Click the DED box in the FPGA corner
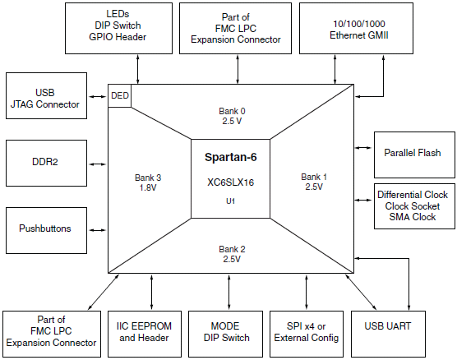(x=119, y=95)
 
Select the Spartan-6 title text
(x=230, y=157)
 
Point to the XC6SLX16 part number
(x=230, y=182)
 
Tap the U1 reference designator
(x=230, y=201)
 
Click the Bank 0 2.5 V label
(x=232, y=116)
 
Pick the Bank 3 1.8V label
(x=148, y=182)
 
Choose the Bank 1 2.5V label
(x=314, y=182)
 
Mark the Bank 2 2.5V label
(x=232, y=254)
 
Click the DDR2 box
(x=46, y=163)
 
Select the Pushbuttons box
(x=46, y=230)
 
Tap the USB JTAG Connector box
(x=46, y=95)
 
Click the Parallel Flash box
(x=414, y=155)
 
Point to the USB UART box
(x=388, y=334)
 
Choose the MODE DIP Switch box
(x=225, y=334)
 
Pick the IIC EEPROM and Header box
(x=145, y=334)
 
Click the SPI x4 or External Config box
(x=307, y=334)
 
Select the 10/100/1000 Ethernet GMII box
(x=356, y=28)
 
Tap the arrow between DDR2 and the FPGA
(x=97, y=164)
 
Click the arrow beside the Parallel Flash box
(x=363, y=148)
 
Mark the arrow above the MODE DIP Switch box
(x=228, y=292)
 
